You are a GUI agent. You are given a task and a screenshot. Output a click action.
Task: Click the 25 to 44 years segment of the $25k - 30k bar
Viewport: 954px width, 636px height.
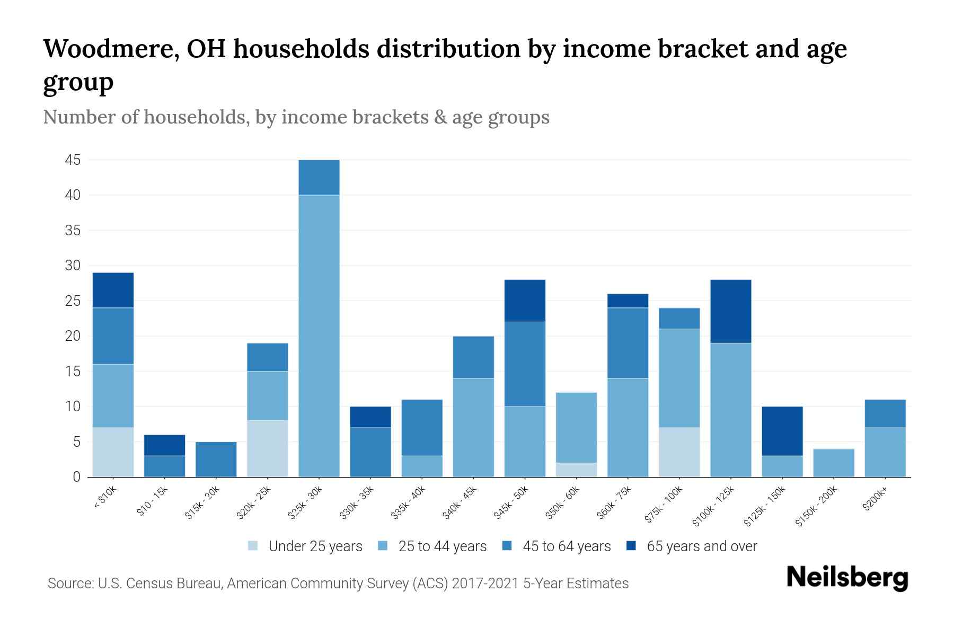click(319, 336)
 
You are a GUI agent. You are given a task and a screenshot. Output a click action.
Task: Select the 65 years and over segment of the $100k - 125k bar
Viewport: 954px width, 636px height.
click(730, 311)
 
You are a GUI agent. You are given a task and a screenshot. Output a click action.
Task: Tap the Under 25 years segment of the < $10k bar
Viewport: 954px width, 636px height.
click(113, 452)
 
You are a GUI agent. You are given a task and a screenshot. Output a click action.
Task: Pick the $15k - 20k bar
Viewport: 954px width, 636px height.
click(216, 459)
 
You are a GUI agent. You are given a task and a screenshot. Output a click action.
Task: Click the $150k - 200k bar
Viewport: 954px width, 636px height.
click(833, 463)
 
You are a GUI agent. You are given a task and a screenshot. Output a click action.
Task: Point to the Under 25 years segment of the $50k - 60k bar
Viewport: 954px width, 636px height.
click(576, 470)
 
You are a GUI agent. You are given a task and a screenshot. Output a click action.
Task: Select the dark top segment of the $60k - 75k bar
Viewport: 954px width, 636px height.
click(628, 301)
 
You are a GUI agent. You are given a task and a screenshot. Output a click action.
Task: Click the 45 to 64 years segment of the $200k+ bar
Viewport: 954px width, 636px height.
click(885, 413)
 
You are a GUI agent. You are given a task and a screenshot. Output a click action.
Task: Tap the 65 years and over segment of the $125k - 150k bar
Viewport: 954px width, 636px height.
click(782, 431)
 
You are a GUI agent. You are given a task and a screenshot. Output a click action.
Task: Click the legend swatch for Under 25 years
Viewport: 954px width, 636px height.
click(253, 546)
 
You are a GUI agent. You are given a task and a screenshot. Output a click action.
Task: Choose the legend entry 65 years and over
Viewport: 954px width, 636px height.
click(702, 546)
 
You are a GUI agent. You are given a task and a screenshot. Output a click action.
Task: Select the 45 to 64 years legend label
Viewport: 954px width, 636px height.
click(567, 546)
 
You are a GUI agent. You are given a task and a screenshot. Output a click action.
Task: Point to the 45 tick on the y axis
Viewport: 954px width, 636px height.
click(73, 160)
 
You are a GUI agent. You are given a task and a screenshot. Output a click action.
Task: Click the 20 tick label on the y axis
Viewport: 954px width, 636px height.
click(73, 336)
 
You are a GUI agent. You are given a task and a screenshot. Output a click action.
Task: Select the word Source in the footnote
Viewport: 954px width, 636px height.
click(69, 584)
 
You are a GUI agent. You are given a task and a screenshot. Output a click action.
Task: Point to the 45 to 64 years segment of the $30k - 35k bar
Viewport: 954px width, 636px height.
click(370, 452)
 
